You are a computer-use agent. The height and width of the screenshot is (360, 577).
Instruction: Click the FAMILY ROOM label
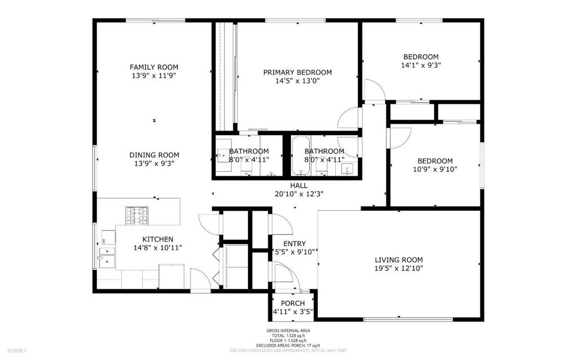tap(154, 67)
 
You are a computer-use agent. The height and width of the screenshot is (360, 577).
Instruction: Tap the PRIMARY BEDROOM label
tap(298, 72)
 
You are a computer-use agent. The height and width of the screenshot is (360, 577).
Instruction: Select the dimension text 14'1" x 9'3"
tap(421, 65)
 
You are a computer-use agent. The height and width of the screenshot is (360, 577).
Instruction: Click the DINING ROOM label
tap(154, 155)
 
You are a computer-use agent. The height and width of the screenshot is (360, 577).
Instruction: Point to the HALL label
tap(299, 185)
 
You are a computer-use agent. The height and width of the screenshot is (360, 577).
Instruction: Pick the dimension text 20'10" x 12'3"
tap(299, 194)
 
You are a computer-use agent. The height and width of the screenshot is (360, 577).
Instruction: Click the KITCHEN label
tap(158, 239)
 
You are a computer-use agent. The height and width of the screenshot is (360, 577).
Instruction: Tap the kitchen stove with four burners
tap(137, 216)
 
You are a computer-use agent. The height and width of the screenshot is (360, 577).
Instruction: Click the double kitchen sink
tap(106, 256)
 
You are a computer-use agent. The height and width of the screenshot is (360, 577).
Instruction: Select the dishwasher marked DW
tap(108, 238)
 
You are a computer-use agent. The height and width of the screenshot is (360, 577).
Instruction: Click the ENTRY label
tap(294, 244)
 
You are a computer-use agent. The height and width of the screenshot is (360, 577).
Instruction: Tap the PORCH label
tap(292, 303)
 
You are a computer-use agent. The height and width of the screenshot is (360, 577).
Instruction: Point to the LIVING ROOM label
tap(398, 260)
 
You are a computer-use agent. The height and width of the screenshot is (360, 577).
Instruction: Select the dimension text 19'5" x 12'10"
tap(398, 268)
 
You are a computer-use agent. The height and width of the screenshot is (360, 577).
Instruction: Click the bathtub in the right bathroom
tap(301, 156)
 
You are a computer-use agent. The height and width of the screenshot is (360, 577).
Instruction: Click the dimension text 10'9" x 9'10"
tap(435, 170)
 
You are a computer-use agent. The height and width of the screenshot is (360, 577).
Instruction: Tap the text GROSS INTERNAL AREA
tap(288, 331)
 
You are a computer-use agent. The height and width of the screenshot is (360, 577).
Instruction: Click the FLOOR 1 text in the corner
tap(17, 350)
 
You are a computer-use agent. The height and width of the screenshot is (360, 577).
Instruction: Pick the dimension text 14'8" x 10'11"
tap(158, 248)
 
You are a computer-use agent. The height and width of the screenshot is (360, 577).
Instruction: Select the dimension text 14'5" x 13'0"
tap(298, 81)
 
